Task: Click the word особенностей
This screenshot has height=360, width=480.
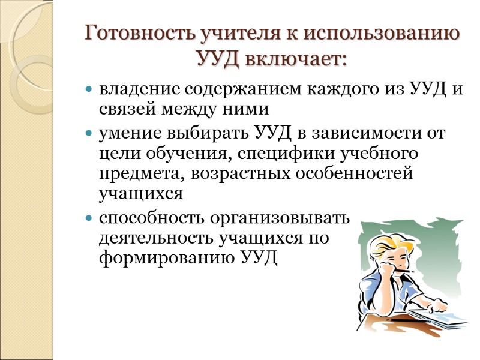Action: click(351, 173)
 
